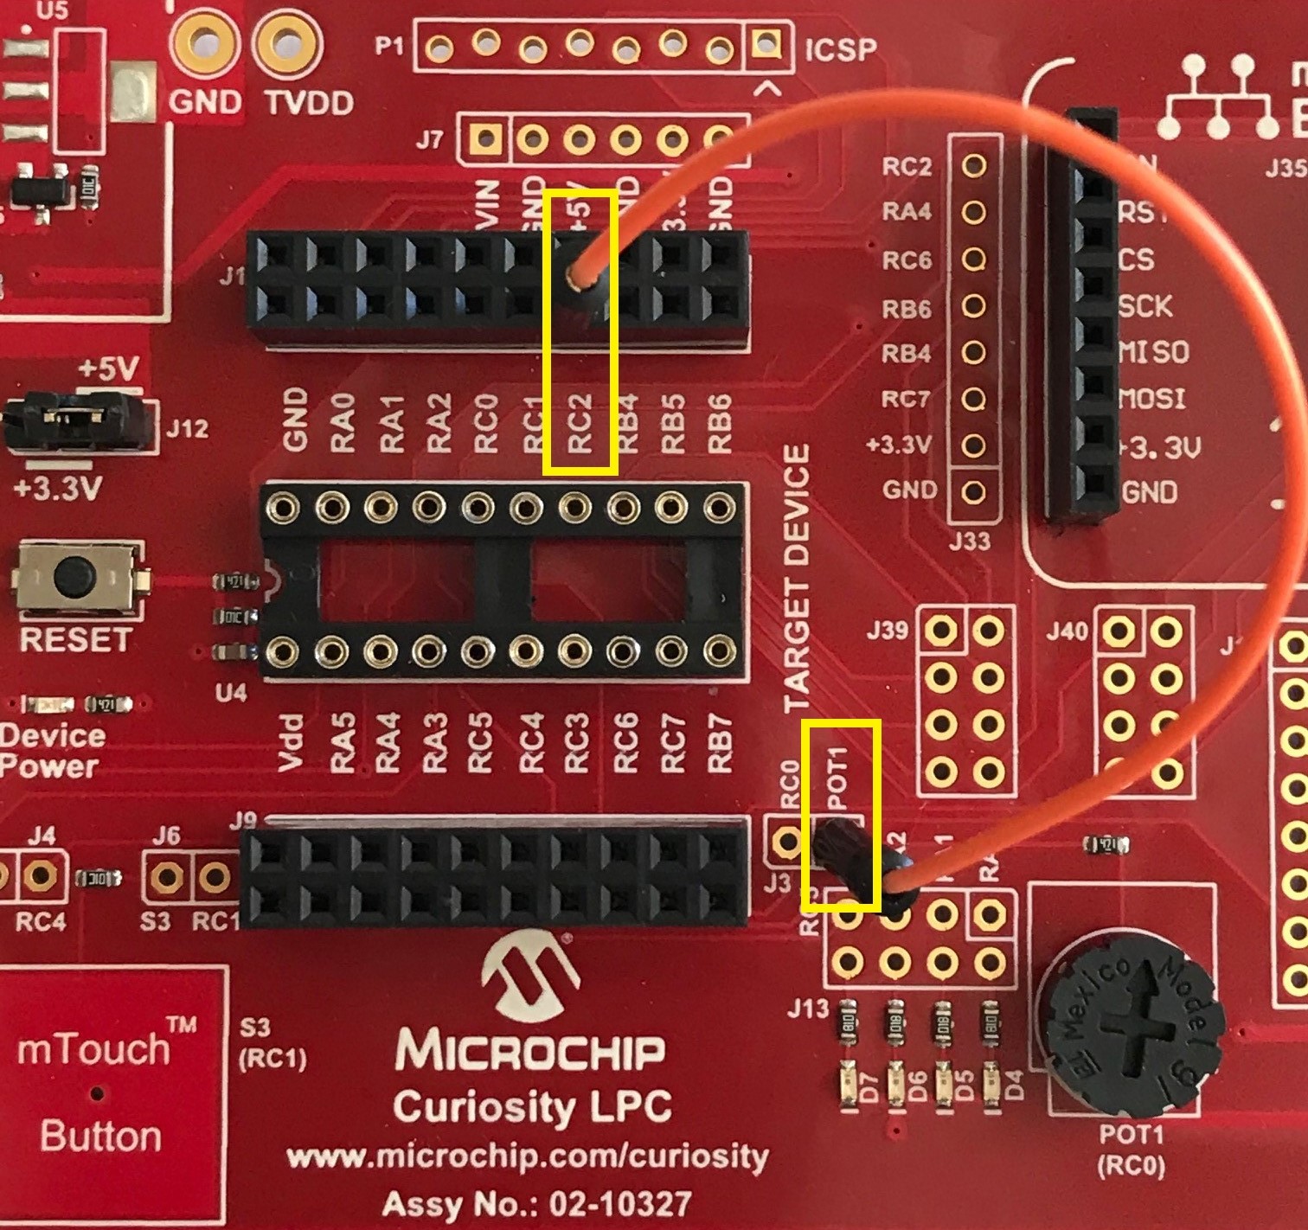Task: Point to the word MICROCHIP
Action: click(530, 1049)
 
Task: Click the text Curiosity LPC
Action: click(531, 1106)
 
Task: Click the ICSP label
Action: click(840, 49)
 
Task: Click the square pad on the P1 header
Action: click(765, 43)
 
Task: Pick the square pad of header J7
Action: click(485, 137)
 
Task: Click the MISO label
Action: click(1153, 352)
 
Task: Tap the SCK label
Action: click(1144, 305)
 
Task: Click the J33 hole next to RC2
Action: click(974, 165)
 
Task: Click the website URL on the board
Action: click(527, 1157)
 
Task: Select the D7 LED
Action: click(850, 1085)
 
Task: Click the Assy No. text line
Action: click(536, 1203)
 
